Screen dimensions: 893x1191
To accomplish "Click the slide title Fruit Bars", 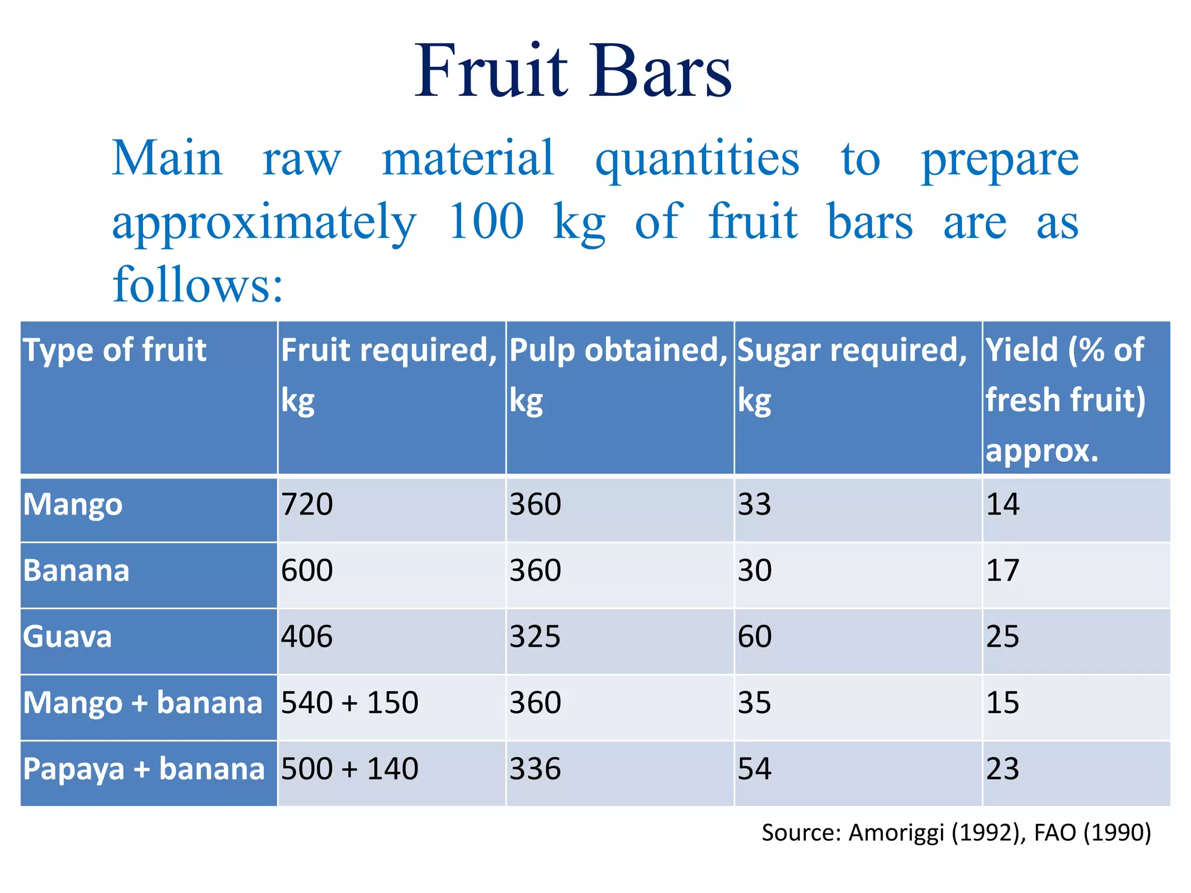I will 573,71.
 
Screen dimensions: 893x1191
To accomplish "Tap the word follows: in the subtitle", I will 198,285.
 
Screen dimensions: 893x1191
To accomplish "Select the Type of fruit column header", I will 115,350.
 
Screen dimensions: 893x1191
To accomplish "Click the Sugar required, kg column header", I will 852,374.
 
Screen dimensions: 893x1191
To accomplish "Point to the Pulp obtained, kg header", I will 618,374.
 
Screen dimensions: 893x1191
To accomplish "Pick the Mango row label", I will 73,505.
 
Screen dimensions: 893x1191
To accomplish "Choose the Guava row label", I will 67,637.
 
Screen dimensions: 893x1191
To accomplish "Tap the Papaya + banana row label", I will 144,769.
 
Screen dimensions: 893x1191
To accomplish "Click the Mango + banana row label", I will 143,703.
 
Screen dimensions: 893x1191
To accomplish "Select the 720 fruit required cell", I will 307,504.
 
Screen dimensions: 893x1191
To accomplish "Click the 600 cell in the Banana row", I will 307,570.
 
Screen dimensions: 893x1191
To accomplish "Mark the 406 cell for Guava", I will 307,637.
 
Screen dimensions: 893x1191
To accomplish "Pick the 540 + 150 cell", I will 350,703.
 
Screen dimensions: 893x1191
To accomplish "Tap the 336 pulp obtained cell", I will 535,769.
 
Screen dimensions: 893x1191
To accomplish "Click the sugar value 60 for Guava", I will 754,637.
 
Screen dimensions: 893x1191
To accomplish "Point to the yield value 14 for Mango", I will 1003,504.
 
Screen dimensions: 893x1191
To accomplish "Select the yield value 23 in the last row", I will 1003,769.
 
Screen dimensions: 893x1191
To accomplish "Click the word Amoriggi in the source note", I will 896,833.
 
